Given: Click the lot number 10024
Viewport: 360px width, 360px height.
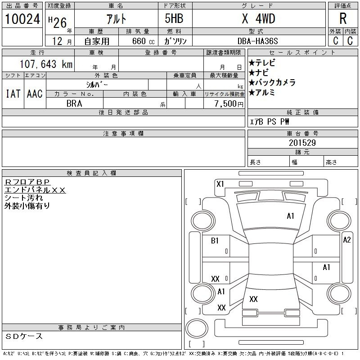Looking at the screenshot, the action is pos(22,19).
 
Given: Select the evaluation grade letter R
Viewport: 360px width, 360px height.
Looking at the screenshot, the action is pos(343,18).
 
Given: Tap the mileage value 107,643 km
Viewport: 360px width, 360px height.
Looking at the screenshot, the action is pos(46,64).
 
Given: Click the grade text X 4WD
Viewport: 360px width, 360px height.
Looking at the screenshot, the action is pos(258,18).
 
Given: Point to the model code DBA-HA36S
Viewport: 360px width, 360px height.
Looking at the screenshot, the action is pos(257,41).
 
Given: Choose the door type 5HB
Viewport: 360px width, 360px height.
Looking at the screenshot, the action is pos(174,18).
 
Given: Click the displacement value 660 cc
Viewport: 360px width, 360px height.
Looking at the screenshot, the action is pos(143,41).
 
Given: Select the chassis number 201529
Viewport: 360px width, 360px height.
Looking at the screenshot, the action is pos(302,143).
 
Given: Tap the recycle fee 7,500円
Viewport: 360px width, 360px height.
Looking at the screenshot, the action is pos(229,103).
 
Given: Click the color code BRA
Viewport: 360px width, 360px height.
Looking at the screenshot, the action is pos(74,103).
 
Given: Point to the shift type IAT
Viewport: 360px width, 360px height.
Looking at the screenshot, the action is pos(13,94).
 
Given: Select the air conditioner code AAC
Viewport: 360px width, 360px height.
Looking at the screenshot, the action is pos(35,94).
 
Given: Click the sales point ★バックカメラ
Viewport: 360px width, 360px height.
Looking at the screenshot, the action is pos(272,83).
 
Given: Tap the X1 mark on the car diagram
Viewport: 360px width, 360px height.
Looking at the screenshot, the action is pos(220,184).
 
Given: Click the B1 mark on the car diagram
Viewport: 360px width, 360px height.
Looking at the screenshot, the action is pos(215,241).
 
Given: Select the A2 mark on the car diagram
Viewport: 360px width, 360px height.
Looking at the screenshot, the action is pos(347,240).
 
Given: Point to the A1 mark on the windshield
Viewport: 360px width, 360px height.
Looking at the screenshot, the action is pos(290,216).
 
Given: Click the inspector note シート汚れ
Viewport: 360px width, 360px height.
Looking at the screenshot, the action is pos(24,198).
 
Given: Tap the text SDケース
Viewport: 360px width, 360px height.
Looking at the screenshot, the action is pos(24,336).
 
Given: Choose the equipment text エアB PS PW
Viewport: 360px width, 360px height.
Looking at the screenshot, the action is pos(269,121).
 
